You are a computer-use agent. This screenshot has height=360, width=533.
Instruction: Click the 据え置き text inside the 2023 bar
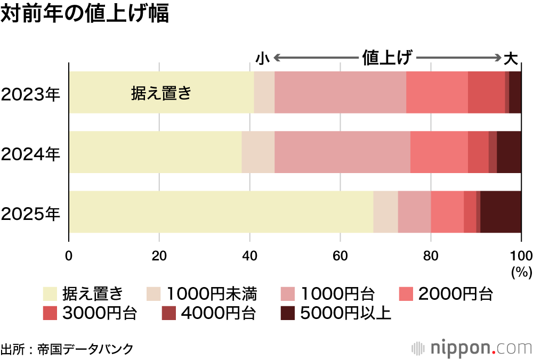click(160, 93)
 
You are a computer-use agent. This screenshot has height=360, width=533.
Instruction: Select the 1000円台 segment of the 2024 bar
click(342, 152)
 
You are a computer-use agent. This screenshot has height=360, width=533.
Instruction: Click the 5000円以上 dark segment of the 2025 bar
click(500, 212)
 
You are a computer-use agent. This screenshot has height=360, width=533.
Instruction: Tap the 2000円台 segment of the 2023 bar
click(437, 92)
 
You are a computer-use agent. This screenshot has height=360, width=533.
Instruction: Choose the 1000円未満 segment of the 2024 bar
click(258, 152)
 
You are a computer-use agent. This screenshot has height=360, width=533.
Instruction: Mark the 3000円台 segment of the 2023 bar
click(486, 92)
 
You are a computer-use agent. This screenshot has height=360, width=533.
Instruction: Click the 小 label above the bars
click(262, 58)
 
